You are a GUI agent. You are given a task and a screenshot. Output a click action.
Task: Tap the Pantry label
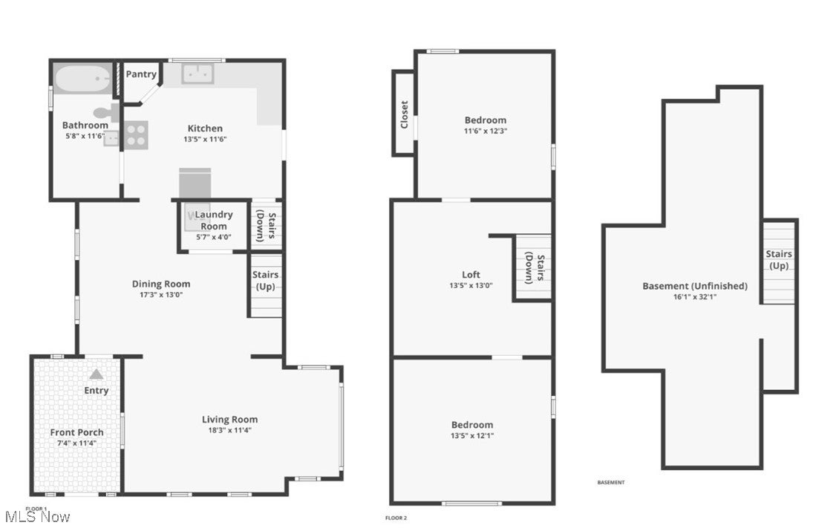click(141, 74)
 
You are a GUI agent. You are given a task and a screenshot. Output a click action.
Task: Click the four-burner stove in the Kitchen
click(136, 135)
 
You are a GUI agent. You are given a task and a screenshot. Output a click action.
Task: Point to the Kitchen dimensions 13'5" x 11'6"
click(205, 139)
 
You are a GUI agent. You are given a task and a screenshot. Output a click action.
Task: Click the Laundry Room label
click(214, 221)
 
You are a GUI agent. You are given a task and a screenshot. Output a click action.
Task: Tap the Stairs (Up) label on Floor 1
click(265, 281)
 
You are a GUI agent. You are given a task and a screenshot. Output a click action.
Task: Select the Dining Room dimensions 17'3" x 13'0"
click(161, 294)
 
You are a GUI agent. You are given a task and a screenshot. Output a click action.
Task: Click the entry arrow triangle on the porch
click(97, 375)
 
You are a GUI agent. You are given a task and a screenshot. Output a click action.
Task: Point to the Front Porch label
click(76, 432)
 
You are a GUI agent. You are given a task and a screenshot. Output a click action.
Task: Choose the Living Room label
click(229, 420)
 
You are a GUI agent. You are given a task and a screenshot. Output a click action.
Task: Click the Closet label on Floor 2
click(405, 114)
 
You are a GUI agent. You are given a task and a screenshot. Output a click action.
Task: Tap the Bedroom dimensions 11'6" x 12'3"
click(486, 131)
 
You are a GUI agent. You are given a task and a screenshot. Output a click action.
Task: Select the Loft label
click(471, 275)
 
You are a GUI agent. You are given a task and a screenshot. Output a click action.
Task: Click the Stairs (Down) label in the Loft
click(535, 269)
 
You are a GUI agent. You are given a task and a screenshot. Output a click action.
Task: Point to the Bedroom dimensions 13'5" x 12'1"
click(472, 436)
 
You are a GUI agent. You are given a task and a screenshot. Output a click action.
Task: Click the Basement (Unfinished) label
click(695, 286)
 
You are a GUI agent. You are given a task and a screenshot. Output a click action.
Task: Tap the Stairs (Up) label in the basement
click(779, 260)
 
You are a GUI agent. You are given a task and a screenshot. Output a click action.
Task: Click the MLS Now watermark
click(37, 516)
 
